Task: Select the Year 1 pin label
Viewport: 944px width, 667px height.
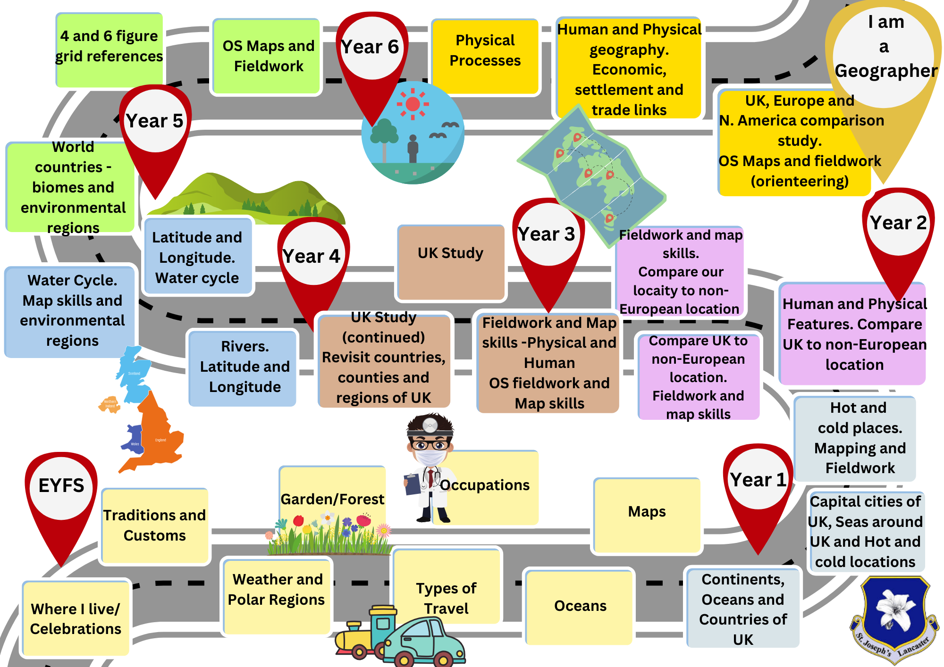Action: [758, 480]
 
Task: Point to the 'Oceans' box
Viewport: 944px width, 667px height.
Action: [580, 606]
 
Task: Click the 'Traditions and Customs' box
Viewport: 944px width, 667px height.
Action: [155, 525]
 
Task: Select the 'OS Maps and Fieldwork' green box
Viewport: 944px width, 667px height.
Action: [268, 56]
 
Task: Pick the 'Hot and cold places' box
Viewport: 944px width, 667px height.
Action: [855, 438]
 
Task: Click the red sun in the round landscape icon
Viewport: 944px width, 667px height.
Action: [413, 104]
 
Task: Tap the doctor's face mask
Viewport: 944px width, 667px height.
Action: [430, 457]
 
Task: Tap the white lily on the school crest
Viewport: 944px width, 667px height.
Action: [892, 609]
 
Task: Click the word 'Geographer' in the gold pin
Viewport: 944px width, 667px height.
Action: [885, 71]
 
